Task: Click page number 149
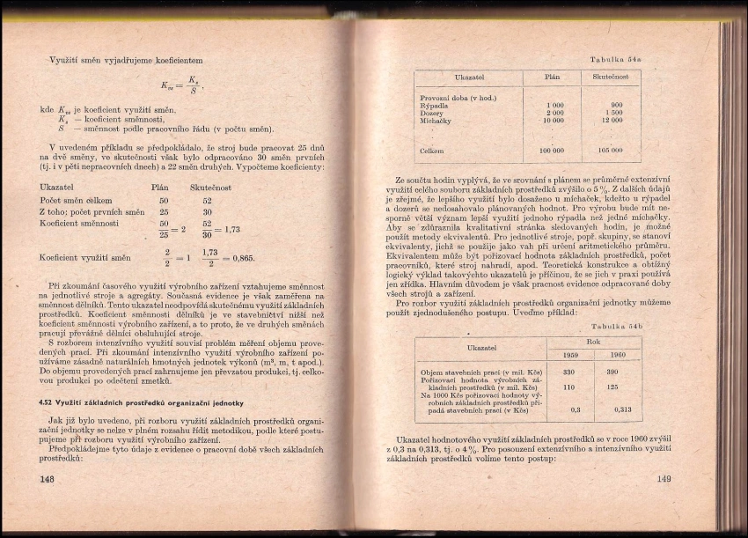[664, 479]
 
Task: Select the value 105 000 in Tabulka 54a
[610, 150]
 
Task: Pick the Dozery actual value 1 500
[613, 113]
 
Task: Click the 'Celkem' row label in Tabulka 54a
[432, 151]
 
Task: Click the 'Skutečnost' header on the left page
[210, 188]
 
